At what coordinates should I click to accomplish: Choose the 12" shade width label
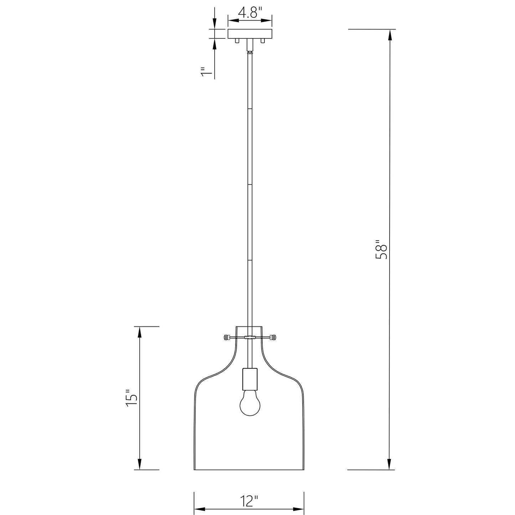[248, 501]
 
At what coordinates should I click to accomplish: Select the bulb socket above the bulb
[249, 379]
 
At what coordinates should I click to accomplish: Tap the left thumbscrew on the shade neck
[226, 337]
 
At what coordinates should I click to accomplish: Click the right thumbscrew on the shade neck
[273, 337]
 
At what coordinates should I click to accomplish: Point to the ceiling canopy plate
[250, 34]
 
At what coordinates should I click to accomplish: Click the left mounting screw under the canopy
[237, 41]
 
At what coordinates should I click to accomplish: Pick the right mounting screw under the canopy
[263, 41]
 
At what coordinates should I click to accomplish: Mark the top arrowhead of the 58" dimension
[390, 34]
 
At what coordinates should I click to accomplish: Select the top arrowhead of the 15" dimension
[140, 332]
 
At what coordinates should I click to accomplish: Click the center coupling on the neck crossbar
[250, 337]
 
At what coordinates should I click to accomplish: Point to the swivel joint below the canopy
[250, 52]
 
